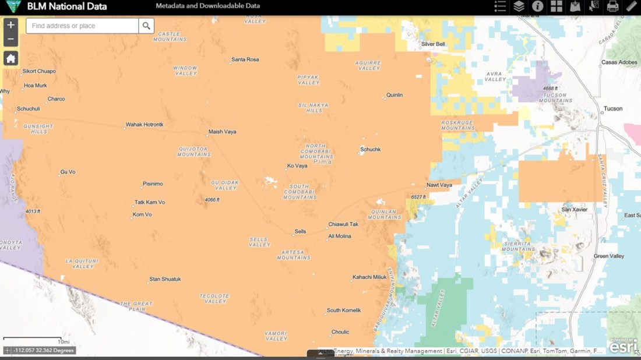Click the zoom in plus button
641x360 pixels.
(10, 25)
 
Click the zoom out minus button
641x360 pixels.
(10, 39)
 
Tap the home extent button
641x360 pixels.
(10, 58)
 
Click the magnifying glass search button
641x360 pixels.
(146, 26)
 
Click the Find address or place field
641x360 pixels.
(82, 26)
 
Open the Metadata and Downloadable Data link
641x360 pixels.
(207, 6)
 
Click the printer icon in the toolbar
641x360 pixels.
(612, 6)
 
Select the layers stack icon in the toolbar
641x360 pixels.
(519, 6)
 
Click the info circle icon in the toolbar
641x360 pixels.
(537, 6)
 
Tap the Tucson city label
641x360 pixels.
(612, 108)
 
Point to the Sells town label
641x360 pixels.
(300, 231)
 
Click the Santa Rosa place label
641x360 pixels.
(245, 59)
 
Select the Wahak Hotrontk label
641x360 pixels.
(145, 125)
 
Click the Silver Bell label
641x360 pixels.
(432, 44)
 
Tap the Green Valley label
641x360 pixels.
(608, 256)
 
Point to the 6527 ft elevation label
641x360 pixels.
(418, 197)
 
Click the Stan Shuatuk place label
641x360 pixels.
(165, 279)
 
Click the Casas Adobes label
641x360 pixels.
(619, 62)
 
